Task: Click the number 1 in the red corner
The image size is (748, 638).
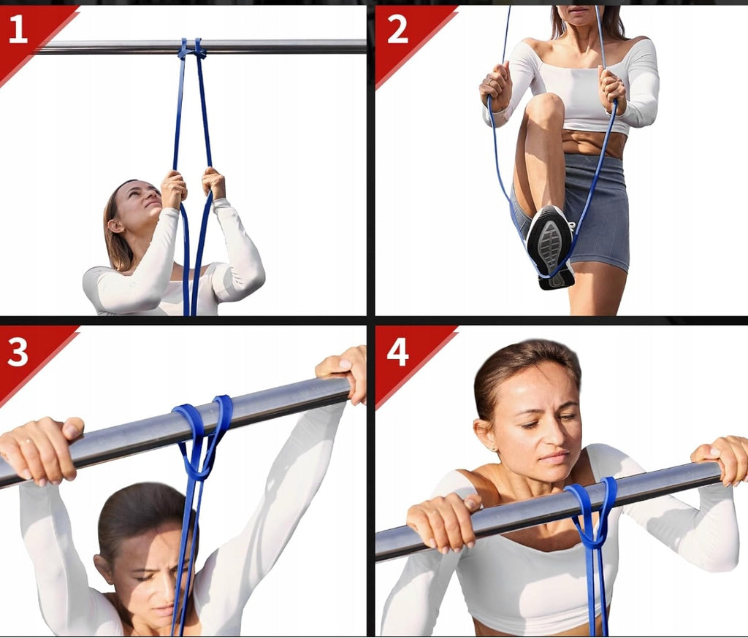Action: (18, 28)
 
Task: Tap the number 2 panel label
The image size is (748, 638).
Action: (397, 28)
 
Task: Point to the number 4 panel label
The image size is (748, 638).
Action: (398, 353)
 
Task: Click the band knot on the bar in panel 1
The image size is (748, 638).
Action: (191, 49)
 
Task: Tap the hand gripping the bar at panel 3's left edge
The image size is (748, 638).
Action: (41, 449)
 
